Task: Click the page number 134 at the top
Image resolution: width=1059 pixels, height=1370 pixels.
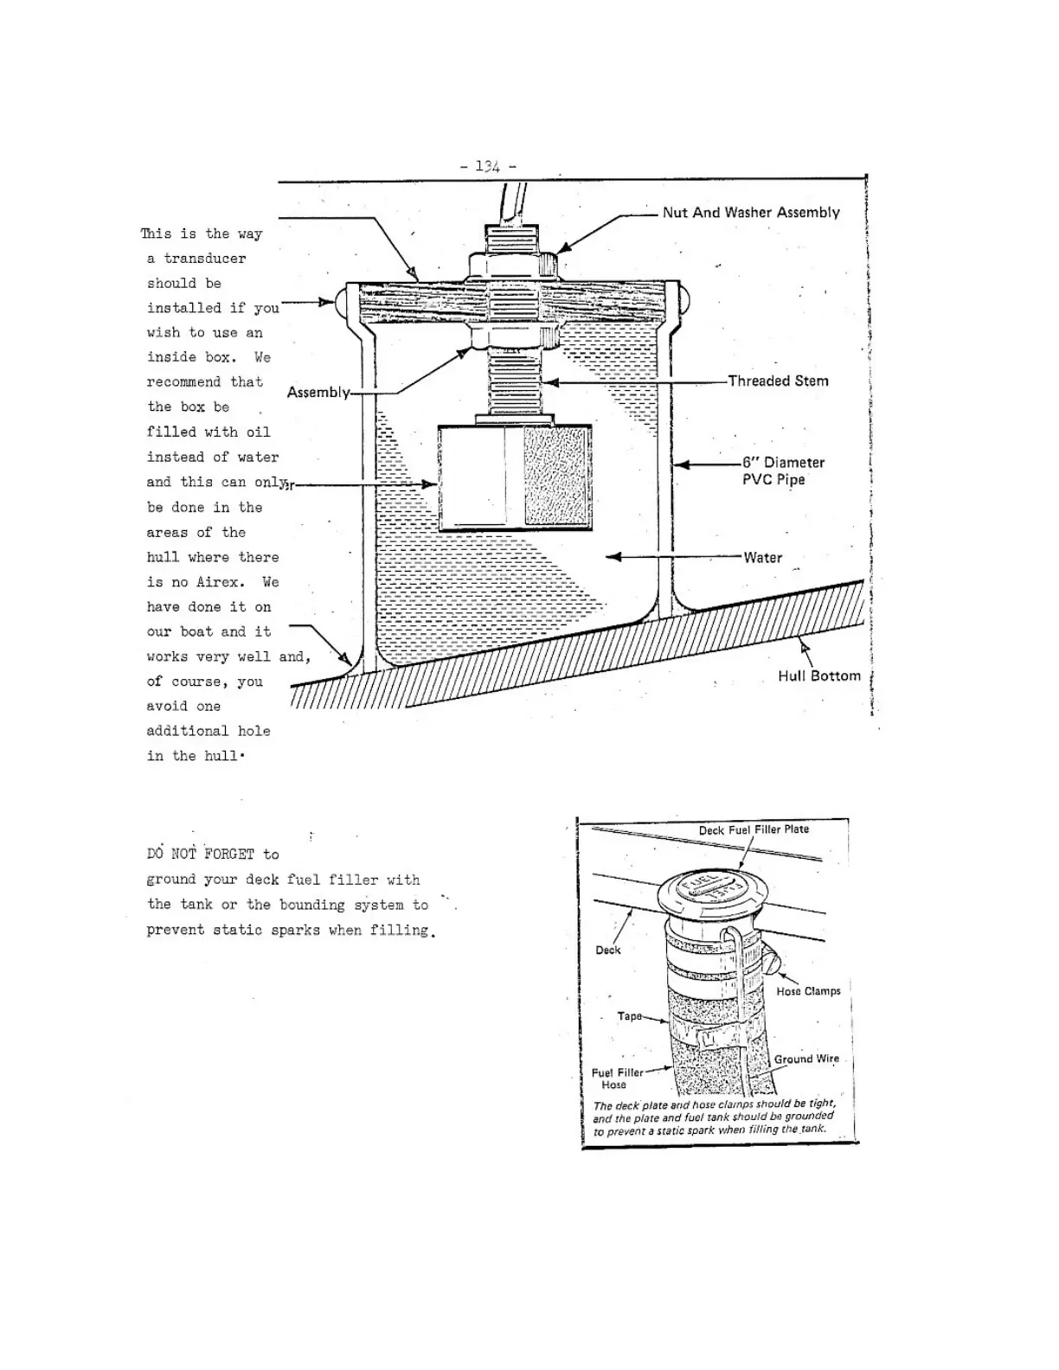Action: (488, 166)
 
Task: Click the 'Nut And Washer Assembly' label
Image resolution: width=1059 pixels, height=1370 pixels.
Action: (750, 213)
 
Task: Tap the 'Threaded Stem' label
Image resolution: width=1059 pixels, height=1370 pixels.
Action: (778, 381)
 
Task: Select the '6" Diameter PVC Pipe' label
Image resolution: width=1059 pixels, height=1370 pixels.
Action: (782, 471)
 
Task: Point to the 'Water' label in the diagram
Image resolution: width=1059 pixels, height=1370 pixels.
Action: (762, 558)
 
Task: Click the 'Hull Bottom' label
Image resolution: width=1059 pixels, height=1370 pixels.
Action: (818, 676)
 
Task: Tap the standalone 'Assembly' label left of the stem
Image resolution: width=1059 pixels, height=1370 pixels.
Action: (318, 393)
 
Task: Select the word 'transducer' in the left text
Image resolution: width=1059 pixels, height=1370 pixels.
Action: (205, 259)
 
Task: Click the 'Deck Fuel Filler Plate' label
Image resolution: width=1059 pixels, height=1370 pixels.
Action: (754, 829)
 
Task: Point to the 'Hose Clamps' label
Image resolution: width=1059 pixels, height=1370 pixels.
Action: (808, 991)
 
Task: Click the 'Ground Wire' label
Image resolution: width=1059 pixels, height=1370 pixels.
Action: (806, 1059)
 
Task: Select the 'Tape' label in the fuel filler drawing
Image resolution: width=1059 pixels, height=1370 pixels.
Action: (629, 1016)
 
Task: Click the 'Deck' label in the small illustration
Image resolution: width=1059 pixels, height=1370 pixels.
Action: (607, 951)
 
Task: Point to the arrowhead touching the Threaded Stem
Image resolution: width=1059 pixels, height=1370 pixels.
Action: (549, 381)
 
